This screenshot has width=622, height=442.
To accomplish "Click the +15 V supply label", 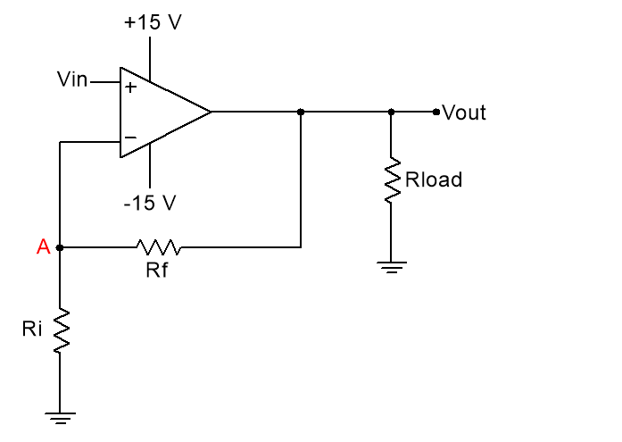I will (x=152, y=22).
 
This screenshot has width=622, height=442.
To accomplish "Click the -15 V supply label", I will (x=149, y=203).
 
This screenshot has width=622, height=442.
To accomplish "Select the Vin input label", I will (x=72, y=80).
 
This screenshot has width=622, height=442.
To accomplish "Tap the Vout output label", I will (x=464, y=113).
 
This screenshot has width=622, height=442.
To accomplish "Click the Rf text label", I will (x=156, y=270).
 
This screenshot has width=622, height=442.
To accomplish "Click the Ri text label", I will (x=32, y=329).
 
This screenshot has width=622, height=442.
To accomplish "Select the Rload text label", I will (x=434, y=179).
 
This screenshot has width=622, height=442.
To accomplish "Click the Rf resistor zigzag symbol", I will (x=158, y=246).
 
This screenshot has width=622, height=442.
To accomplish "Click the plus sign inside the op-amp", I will (x=130, y=88).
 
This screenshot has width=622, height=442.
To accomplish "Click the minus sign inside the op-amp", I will (x=130, y=138).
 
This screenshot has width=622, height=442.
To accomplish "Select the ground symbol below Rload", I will (x=391, y=265).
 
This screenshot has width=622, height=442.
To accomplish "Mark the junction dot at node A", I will (x=60, y=247).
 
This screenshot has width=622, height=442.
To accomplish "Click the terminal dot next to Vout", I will (x=435, y=112).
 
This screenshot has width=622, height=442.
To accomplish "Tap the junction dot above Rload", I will (x=391, y=112).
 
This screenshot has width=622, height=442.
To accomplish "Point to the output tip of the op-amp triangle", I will (x=211, y=112).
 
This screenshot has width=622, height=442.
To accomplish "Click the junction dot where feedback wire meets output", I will (x=301, y=112).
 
